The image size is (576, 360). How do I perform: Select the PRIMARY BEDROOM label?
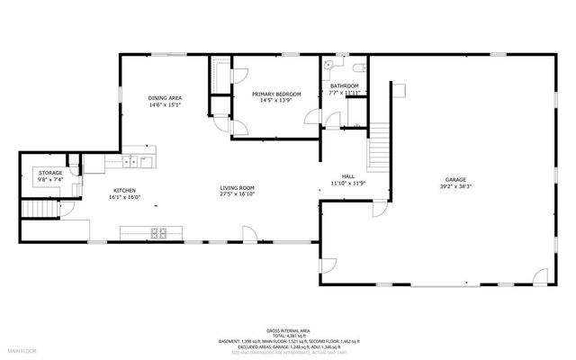276,94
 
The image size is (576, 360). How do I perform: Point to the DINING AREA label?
166,97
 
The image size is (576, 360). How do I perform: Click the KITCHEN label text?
124,190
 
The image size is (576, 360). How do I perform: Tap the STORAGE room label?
49,172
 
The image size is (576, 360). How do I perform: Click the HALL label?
346,176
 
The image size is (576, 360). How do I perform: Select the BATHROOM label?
344,85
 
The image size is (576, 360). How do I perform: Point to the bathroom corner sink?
328,65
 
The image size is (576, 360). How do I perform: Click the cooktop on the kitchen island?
158,233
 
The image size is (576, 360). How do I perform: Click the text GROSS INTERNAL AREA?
287,331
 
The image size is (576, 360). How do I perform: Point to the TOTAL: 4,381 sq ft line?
287,337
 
